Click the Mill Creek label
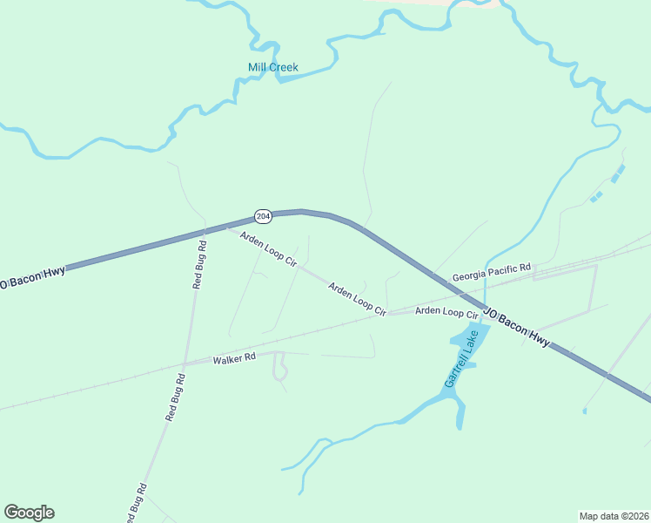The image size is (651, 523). [x=272, y=67]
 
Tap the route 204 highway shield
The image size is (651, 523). [x=262, y=215]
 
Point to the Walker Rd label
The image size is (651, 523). [x=234, y=357]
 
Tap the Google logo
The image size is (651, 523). [x=29, y=513]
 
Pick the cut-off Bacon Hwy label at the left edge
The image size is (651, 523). [x=32, y=278]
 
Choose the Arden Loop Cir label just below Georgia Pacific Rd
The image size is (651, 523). [x=446, y=312]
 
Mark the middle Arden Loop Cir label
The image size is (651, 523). [x=357, y=298]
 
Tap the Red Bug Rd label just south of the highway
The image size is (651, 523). [x=199, y=264]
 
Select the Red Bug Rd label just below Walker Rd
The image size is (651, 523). [x=176, y=398]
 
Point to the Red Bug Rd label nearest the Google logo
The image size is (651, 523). [x=135, y=505]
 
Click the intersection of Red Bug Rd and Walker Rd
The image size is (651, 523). [x=185, y=364]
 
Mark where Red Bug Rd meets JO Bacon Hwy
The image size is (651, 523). [x=203, y=234]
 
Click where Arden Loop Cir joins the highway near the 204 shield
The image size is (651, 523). [x=228, y=228]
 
